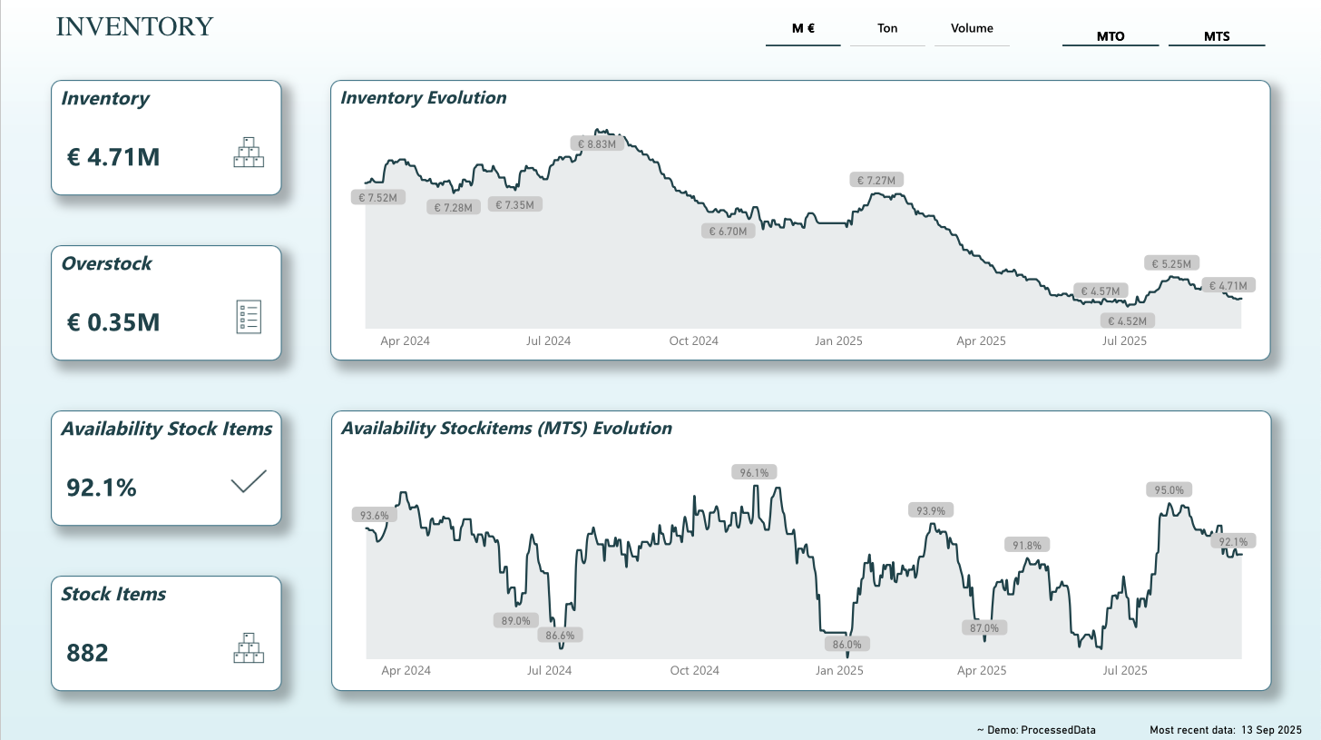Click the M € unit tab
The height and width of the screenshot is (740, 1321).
[x=803, y=29]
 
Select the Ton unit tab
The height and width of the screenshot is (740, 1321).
[x=887, y=29]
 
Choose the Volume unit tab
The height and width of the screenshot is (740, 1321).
[x=972, y=29]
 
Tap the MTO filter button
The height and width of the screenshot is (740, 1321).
[x=1111, y=37]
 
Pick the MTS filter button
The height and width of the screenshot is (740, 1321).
[x=1217, y=37]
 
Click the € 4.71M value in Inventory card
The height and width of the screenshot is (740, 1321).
[x=113, y=157]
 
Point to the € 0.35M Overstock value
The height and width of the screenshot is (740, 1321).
[x=113, y=322]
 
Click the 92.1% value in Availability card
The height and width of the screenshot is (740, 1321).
[x=102, y=488]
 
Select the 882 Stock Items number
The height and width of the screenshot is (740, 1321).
[x=87, y=653]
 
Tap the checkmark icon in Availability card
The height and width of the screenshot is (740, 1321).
[x=249, y=481]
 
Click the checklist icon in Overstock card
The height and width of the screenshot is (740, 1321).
[x=249, y=317]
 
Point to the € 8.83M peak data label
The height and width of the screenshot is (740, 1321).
[x=597, y=143]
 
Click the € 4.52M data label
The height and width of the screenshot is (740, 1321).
[x=1128, y=321]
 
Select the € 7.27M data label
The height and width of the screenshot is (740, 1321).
[x=878, y=180]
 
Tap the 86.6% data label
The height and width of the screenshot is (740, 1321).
[x=561, y=635]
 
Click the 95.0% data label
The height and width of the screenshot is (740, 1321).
[x=1169, y=489]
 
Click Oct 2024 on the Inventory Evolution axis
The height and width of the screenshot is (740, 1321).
[x=693, y=341]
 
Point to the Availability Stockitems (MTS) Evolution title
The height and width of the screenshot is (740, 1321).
[x=506, y=428]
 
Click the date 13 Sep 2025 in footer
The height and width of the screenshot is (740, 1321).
[x=1272, y=730]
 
